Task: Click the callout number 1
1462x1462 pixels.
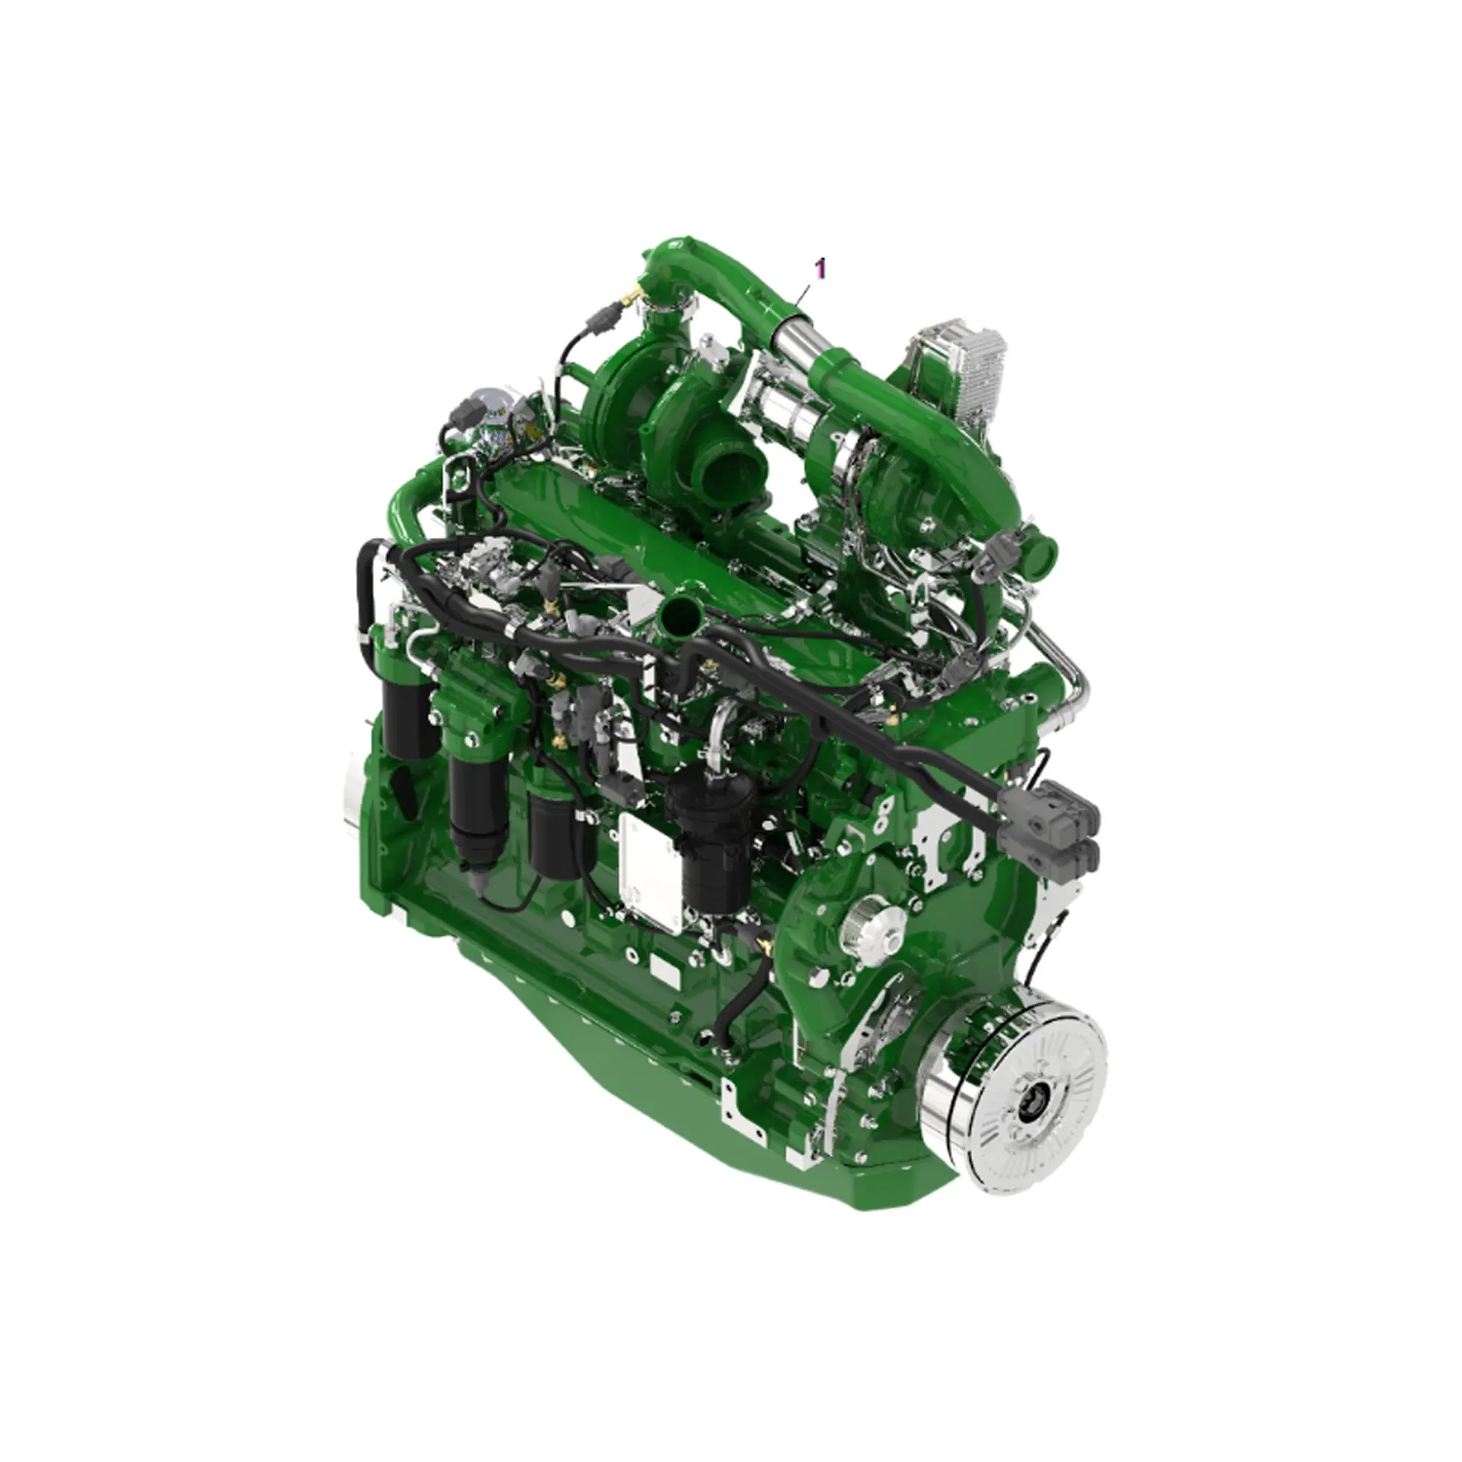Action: point(820,268)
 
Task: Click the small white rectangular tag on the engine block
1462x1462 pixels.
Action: point(666,969)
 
